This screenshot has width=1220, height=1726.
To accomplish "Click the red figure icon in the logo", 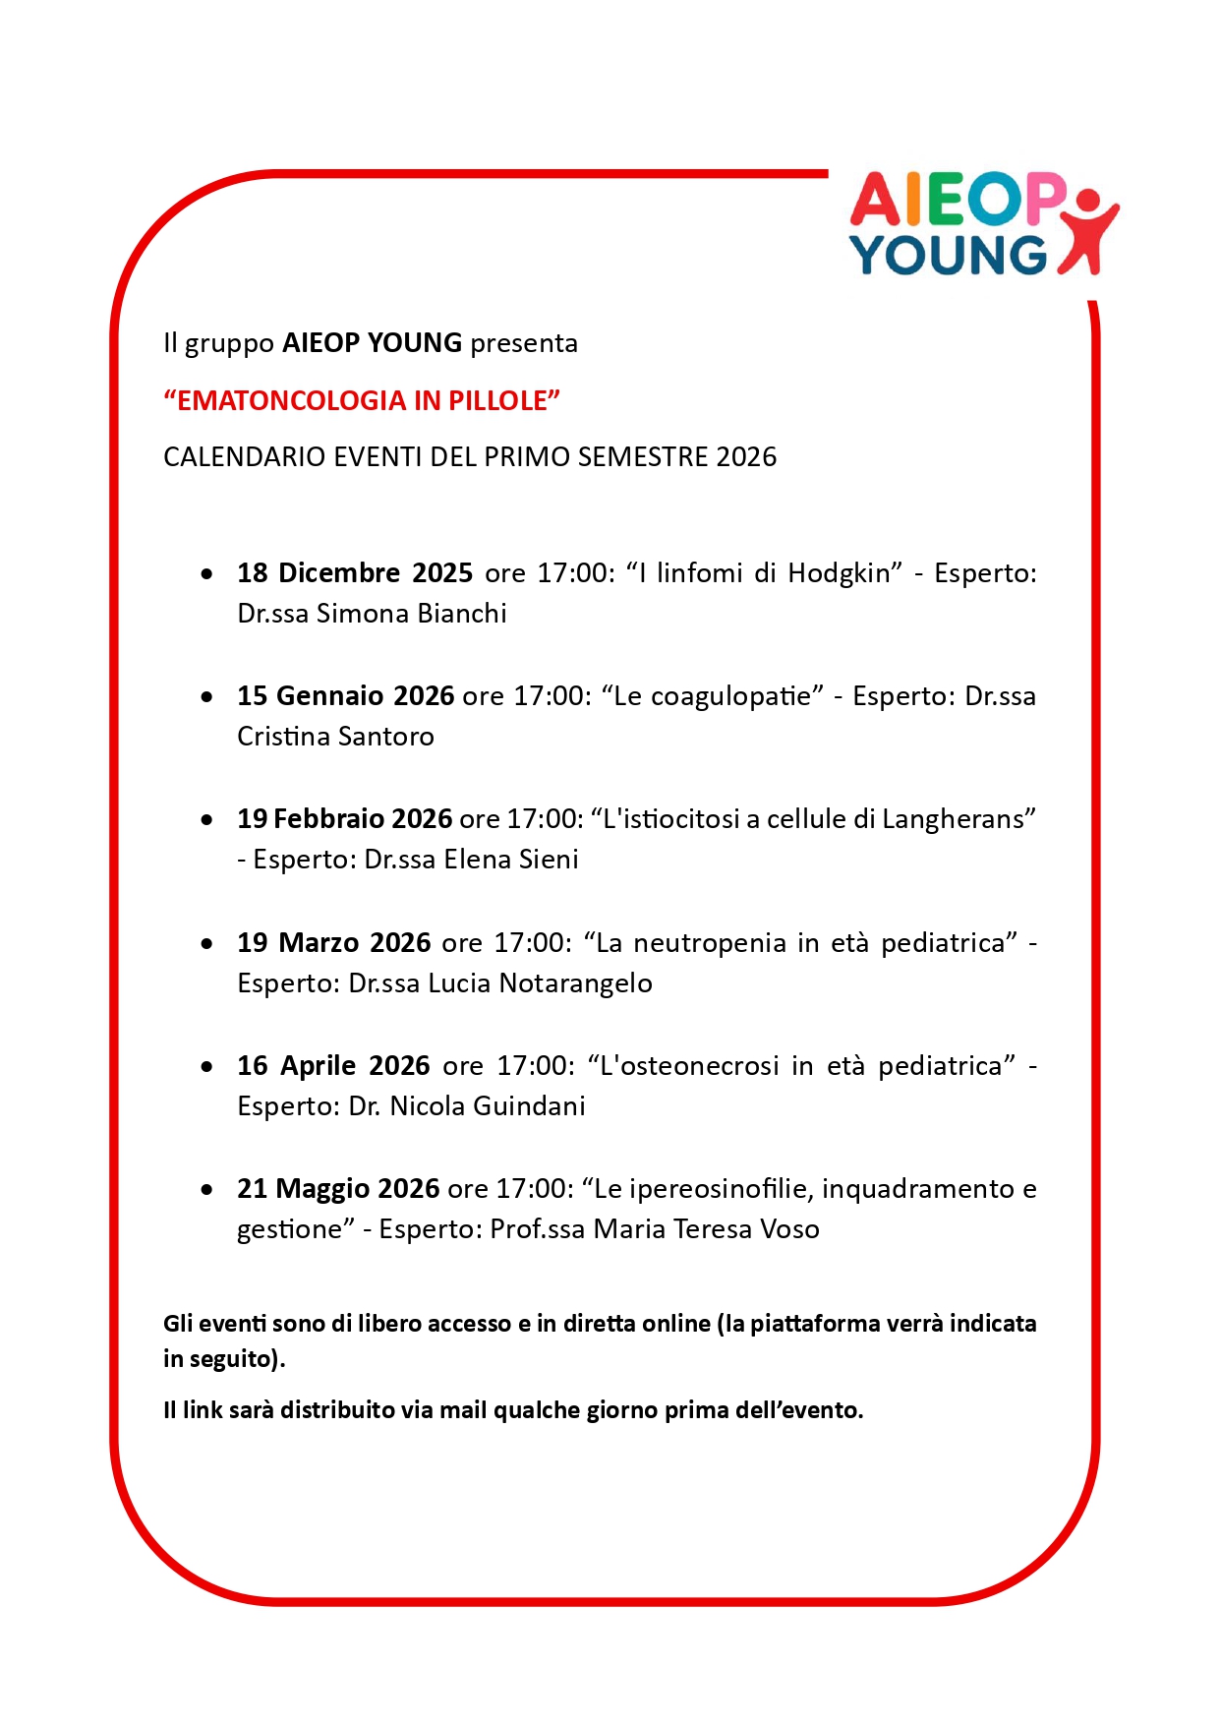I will point(1088,231).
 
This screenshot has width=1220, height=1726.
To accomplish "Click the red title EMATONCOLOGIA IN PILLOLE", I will point(362,400).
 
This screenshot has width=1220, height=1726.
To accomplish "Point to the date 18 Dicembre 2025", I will point(355,572).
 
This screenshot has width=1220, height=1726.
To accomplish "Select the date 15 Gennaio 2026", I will point(345,696).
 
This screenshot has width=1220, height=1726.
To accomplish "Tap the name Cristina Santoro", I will point(335,737).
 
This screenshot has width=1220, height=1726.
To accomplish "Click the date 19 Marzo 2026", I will point(333,943).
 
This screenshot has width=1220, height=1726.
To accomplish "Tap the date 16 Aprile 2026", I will point(333,1066).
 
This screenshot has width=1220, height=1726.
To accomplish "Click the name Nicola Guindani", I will point(488,1106).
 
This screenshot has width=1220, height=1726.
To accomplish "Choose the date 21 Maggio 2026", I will point(337,1189).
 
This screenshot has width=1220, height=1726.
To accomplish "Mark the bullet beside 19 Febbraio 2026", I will point(206,819).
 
